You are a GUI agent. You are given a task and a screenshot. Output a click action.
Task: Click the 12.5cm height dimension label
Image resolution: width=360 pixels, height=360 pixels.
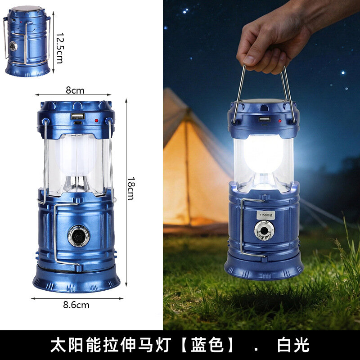click(x=59, y=48)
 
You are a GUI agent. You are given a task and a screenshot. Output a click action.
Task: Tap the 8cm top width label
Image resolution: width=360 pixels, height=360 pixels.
click(x=75, y=90)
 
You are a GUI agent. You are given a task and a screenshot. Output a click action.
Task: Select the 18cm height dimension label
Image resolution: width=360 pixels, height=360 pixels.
click(x=131, y=189)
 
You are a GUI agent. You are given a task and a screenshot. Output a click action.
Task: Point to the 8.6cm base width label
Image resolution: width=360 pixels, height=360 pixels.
click(x=76, y=305)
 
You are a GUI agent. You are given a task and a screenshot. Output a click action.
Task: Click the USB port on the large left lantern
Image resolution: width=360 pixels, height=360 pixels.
click(x=78, y=116)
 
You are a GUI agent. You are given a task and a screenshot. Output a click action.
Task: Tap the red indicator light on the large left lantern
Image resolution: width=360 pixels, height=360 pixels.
click(x=96, y=120)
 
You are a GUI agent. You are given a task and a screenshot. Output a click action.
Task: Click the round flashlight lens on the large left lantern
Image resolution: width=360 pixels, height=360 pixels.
click(x=78, y=236)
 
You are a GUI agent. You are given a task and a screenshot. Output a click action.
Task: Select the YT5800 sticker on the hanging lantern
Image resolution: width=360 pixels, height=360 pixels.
click(x=265, y=215)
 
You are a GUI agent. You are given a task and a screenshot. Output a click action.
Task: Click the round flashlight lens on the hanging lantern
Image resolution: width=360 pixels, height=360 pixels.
click(x=264, y=230)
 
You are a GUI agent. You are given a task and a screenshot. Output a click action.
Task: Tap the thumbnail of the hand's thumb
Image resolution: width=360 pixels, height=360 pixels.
click(x=249, y=60)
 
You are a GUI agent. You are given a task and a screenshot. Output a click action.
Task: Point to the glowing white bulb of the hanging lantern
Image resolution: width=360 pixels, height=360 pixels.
click(x=263, y=153)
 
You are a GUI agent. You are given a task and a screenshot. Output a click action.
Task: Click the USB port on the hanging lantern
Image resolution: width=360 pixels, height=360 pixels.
click(x=265, y=119)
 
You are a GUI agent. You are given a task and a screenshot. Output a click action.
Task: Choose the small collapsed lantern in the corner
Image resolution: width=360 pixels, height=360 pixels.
click(x=27, y=41)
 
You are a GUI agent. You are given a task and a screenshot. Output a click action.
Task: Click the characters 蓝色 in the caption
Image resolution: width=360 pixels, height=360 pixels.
click(x=207, y=345)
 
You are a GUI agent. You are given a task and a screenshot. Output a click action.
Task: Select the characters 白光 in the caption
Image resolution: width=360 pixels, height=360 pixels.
click(x=293, y=345)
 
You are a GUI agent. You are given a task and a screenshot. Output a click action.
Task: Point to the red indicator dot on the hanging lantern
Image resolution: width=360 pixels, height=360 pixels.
click(x=280, y=121)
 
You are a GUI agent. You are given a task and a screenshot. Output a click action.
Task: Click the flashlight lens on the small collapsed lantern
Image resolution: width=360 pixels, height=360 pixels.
click(x=13, y=46)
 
